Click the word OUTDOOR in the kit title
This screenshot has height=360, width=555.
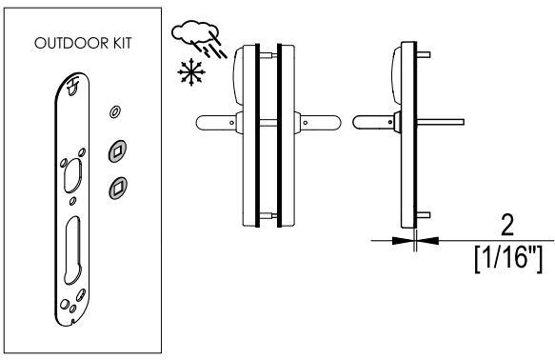71,43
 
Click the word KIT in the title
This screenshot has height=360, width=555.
123,43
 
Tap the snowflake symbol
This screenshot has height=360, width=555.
191,71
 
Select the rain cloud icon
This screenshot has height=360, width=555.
199,39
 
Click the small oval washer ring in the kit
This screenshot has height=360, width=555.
114,112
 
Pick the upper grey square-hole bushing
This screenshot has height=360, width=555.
117,151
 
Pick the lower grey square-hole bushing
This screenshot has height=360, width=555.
118,188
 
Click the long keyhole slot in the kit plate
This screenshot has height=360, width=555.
72,250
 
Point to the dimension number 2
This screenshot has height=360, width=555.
507,225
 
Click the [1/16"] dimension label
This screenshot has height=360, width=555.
508,259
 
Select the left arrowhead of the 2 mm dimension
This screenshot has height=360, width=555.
403,241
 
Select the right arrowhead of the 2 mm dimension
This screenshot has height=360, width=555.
427,241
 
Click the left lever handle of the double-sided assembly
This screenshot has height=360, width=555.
217,123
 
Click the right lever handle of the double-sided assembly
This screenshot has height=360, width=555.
320,123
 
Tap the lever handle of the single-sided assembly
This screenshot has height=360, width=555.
374,122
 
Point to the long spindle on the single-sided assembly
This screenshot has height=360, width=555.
441,122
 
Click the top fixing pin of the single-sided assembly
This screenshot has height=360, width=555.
424,54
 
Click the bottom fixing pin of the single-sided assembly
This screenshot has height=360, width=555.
424,215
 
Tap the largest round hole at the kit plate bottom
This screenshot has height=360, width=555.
65,304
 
